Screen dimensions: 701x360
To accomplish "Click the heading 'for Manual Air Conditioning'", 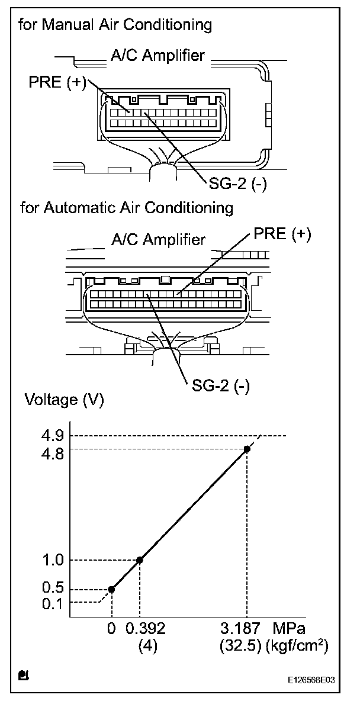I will (115, 25).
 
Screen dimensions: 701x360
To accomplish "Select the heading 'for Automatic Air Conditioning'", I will (127, 208).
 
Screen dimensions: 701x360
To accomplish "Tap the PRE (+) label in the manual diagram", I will (57, 82).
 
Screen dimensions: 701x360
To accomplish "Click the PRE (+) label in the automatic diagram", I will (282, 234).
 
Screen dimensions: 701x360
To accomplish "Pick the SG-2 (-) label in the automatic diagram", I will (220, 385).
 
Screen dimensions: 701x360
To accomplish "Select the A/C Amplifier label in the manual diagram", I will (157, 56).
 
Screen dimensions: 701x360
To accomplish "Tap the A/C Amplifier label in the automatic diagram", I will (158, 240).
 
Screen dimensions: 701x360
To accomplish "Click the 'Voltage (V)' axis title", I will (64, 400).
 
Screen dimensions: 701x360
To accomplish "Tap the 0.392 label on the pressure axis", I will (145, 628).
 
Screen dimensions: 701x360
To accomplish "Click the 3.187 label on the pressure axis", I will (245, 628).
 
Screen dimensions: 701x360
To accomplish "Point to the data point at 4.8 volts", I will (247, 449).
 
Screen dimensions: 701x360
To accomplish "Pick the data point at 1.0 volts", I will (140, 560).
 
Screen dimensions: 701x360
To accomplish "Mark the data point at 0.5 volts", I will (111, 589).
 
